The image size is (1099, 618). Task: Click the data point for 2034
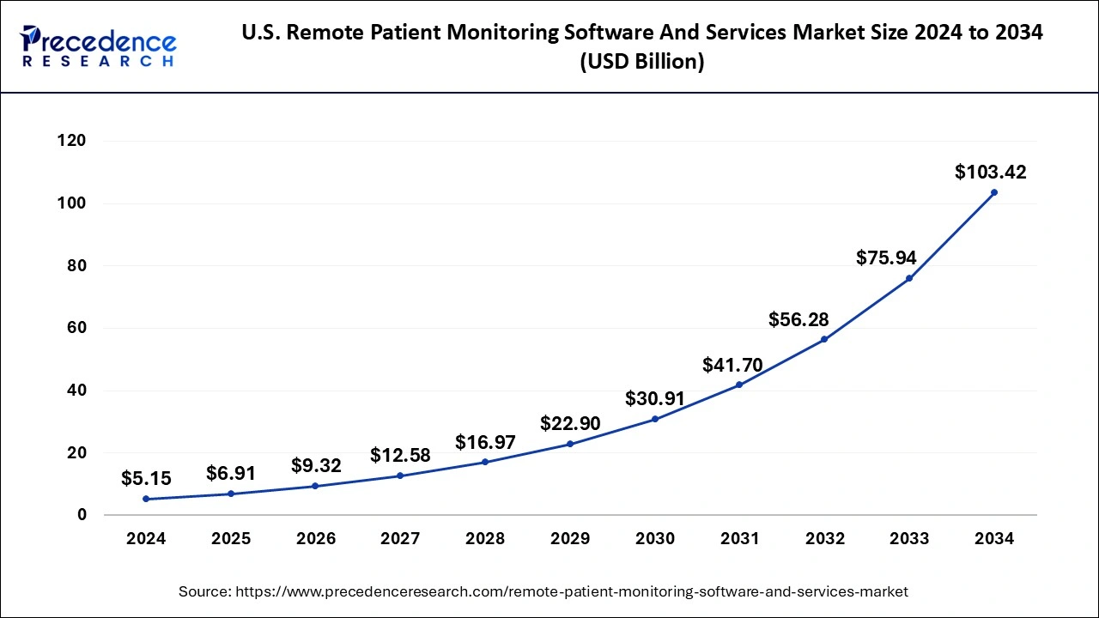tap(993, 192)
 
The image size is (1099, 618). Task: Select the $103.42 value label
tap(990, 172)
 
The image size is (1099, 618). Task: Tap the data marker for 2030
tap(654, 419)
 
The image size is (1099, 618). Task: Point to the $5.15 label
tap(145, 477)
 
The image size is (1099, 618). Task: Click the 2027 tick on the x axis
tap(400, 539)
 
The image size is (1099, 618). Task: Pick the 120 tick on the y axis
tap(73, 141)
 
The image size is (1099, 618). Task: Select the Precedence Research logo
tap(99, 47)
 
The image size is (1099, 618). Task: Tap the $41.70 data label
tap(732, 365)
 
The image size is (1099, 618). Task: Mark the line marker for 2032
tap(824, 339)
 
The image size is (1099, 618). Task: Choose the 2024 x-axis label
tap(146, 539)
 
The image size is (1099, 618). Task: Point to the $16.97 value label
tap(485, 442)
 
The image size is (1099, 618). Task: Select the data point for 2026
tap(315, 486)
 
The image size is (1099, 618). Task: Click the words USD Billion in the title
tap(642, 63)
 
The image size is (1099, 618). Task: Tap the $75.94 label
tap(885, 257)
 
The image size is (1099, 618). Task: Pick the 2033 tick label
tap(908, 539)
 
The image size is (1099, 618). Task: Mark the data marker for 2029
tap(570, 444)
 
